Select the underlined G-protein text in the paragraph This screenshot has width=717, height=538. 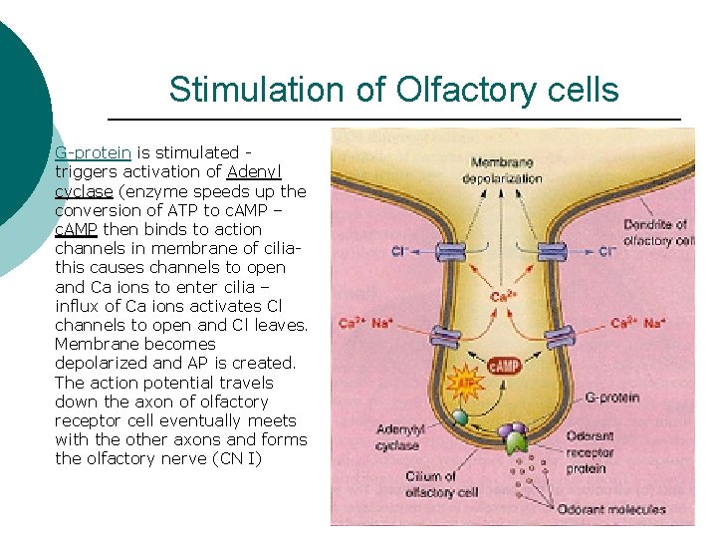(x=93, y=152)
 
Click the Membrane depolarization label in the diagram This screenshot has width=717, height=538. (x=503, y=170)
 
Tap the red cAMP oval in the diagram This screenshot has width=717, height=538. (x=504, y=367)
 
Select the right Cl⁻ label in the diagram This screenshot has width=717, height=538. (x=607, y=252)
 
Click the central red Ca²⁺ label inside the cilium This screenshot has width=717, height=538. (x=503, y=296)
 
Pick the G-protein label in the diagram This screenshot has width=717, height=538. (x=612, y=398)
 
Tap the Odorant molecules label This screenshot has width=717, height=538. (x=611, y=510)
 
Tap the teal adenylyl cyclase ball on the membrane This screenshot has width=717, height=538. (x=459, y=418)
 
